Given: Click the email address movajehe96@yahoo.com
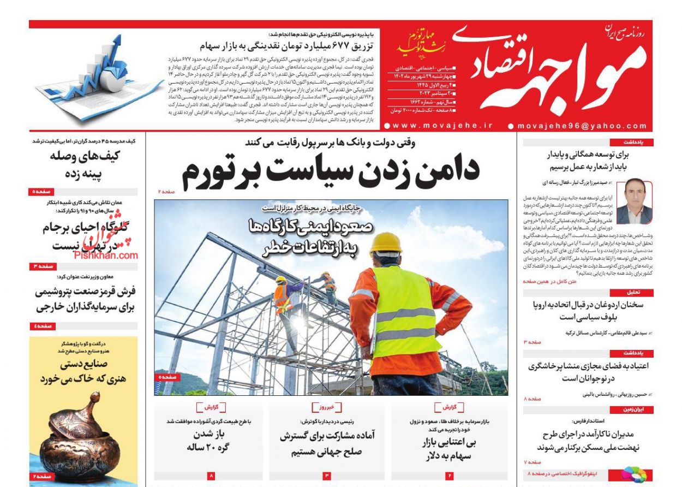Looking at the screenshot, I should [x=581, y=126].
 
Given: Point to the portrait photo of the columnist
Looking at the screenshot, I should [x=634, y=201].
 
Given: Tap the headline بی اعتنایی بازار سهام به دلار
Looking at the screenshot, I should [x=448, y=448].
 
